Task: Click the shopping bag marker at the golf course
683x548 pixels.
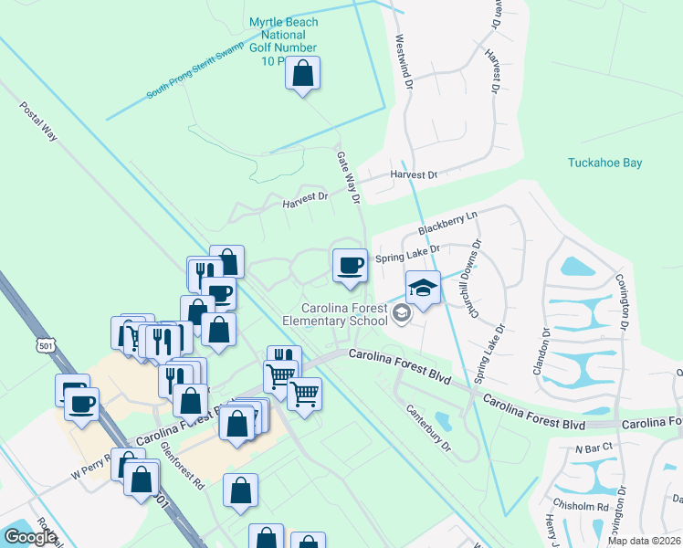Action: pos(303,73)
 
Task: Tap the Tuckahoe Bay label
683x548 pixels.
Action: pos(604,163)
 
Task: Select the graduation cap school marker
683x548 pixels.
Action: pos(423,288)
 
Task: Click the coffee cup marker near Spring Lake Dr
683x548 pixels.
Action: pos(349,266)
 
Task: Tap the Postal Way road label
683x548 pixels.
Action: pos(38,121)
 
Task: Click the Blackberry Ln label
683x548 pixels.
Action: pos(447,223)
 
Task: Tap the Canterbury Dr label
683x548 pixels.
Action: pos(427,427)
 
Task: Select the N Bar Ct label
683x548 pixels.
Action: pos(593,449)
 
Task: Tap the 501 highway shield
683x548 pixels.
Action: pos(47,345)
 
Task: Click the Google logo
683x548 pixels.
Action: pos(30,537)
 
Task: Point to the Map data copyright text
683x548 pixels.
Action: pos(645,541)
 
